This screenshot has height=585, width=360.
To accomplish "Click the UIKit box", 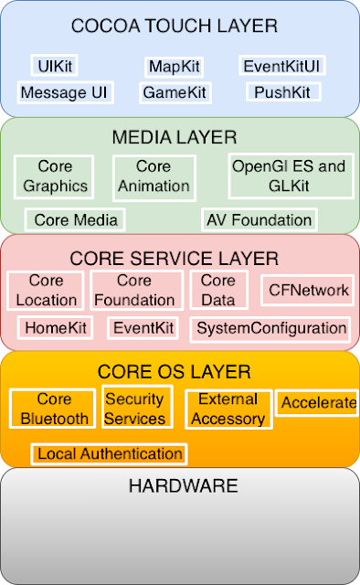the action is pyautogui.click(x=55, y=66).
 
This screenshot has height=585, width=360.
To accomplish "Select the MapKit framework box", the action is pyautogui.click(x=175, y=67).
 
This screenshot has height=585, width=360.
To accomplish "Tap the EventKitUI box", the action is pyautogui.click(x=282, y=66).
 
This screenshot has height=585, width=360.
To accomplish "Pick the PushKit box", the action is pyautogui.click(x=283, y=91).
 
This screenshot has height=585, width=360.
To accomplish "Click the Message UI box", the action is pyautogui.click(x=65, y=92).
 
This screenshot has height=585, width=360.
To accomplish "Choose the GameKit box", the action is pyautogui.click(x=175, y=93).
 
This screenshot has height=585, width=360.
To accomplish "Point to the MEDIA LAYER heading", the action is pyautogui.click(x=175, y=137).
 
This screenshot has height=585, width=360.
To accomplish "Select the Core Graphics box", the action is pyautogui.click(x=54, y=176).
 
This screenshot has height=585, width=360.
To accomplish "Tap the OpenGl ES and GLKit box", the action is pyautogui.click(x=291, y=175).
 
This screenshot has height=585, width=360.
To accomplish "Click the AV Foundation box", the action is pyautogui.click(x=259, y=219).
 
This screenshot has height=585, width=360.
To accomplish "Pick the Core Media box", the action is pyautogui.click(x=75, y=219).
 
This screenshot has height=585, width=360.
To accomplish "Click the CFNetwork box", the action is pyautogui.click(x=307, y=291).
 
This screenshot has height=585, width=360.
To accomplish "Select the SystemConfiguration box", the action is pyautogui.click(x=270, y=329).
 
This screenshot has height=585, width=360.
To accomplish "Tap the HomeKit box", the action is pyautogui.click(x=55, y=328).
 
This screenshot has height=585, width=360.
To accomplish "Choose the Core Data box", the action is pyautogui.click(x=219, y=290).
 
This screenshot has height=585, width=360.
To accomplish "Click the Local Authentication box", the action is pyautogui.click(x=109, y=454).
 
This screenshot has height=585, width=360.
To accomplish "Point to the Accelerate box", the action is pyautogui.click(x=317, y=402).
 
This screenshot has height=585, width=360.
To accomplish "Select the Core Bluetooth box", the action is pyautogui.click(x=53, y=409).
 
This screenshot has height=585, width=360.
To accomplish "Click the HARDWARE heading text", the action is pyautogui.click(x=183, y=486).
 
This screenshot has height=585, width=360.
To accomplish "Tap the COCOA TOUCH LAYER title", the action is pyautogui.click(x=175, y=27).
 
